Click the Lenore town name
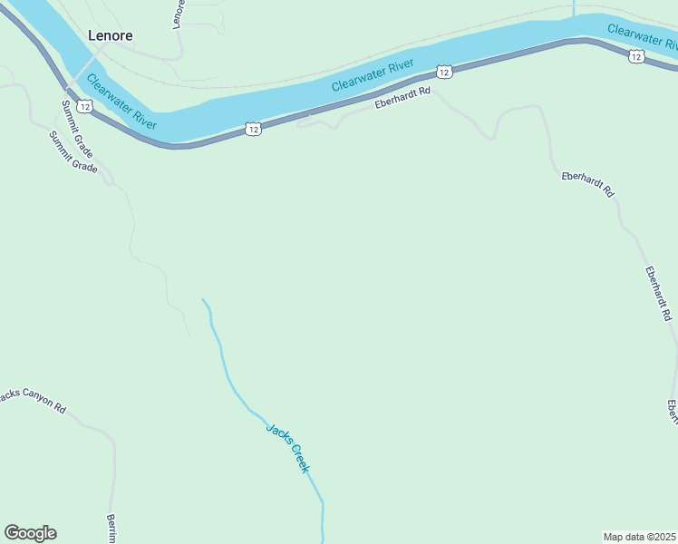pyautogui.click(x=111, y=36)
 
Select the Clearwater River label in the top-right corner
pyautogui.click(x=642, y=36)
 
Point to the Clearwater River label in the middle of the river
pyautogui.click(x=373, y=74)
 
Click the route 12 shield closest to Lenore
pyautogui.click(x=84, y=107)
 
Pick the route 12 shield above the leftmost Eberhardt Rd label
pyautogui.click(x=442, y=71)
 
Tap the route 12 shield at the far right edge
pyautogui.click(x=636, y=56)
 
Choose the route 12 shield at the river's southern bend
pyautogui.click(x=253, y=130)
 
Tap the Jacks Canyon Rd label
pyautogui.click(x=34, y=401)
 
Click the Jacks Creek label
pyautogui.click(x=288, y=447)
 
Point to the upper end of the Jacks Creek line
pyautogui.click(x=204, y=301)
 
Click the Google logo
pyautogui.click(x=30, y=533)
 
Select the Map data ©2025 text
pyautogui.click(x=639, y=537)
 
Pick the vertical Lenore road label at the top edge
pyautogui.click(x=178, y=14)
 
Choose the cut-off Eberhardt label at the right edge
pyautogui.click(x=673, y=412)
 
